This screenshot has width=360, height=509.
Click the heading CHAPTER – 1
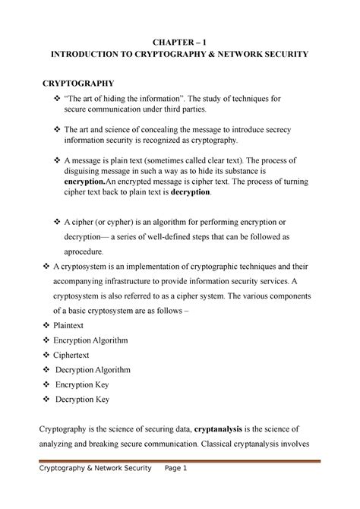[179, 40]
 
